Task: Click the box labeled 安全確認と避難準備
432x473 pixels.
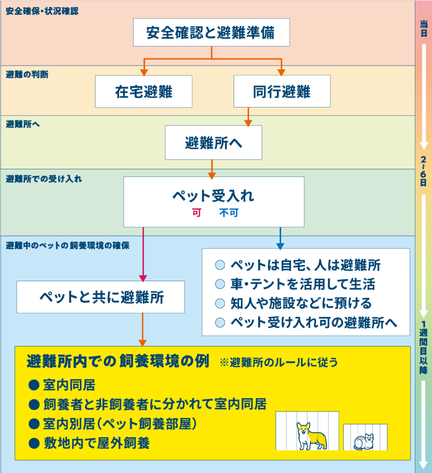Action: tap(211, 33)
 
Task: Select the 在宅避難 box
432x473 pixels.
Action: tap(144, 91)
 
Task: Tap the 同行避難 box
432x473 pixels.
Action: tap(282, 91)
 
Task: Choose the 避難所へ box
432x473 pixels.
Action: tap(213, 143)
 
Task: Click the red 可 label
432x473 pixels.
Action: tap(196, 213)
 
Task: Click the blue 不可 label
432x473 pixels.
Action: tap(229, 213)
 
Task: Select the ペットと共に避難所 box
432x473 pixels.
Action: tap(100, 297)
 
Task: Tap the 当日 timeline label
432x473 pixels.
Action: tap(423, 29)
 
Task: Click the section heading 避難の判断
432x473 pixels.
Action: tap(27, 74)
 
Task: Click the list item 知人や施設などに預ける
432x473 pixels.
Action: tap(300, 303)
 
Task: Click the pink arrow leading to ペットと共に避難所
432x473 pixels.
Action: tap(143, 256)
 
